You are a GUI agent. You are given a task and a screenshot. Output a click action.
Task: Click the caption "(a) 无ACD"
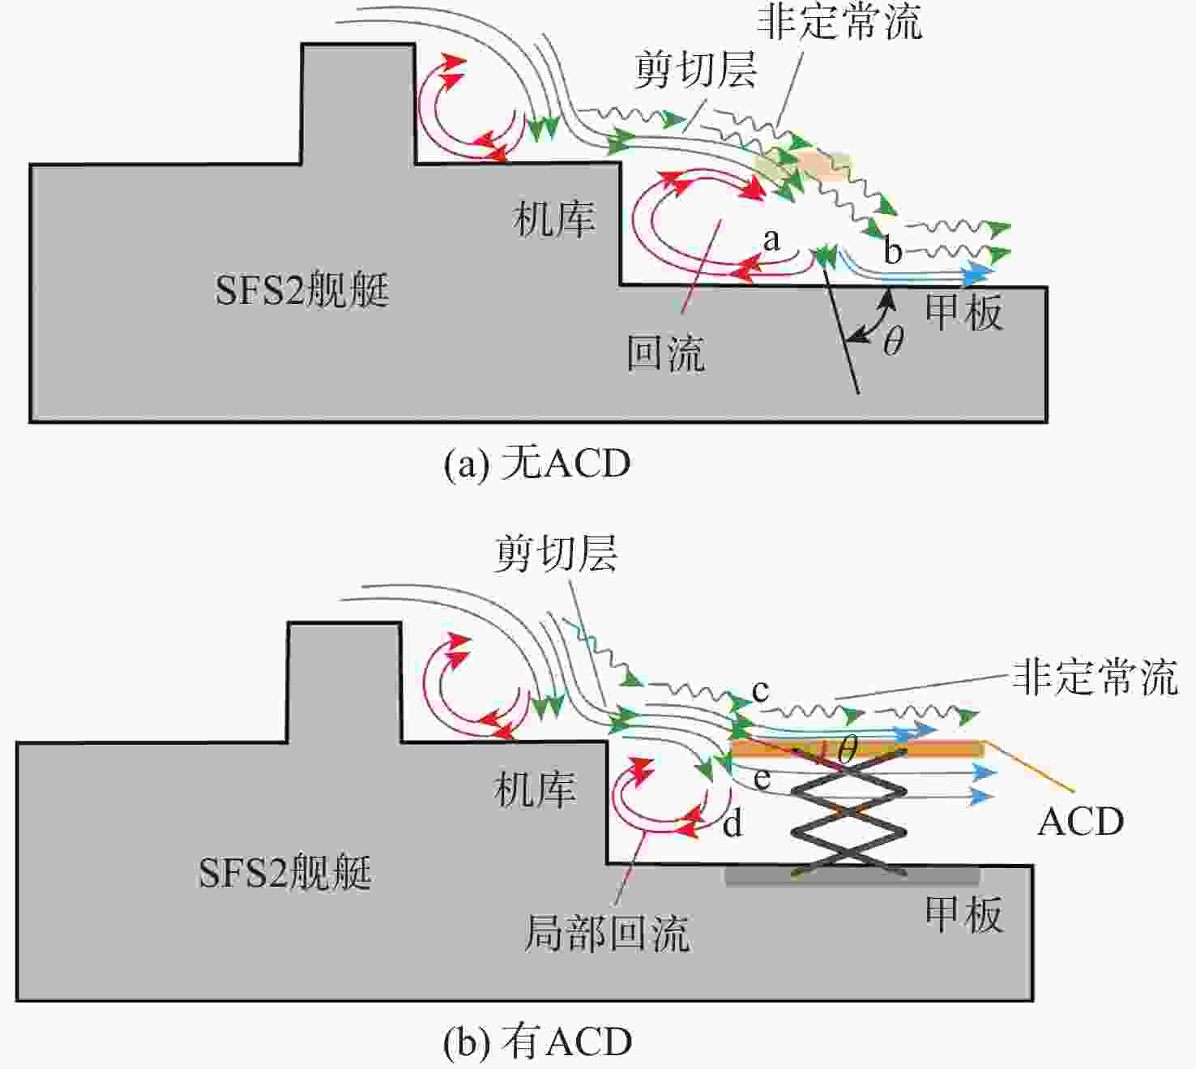tap(537, 464)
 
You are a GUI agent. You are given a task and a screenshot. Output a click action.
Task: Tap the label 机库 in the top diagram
tap(553, 219)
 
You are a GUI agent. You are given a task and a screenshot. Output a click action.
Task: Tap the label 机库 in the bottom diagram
tap(534, 789)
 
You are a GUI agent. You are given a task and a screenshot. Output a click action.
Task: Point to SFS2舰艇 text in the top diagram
tap(301, 290)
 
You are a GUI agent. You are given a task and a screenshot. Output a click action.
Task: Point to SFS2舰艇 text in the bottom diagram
tap(285, 872)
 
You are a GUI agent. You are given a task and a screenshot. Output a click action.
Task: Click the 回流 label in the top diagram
tap(666, 353)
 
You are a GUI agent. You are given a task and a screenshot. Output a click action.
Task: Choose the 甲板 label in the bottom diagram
tap(963, 915)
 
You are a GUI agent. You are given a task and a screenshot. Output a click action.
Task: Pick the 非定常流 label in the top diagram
tap(839, 22)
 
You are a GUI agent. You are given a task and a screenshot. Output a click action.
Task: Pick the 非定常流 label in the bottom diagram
tap(1096, 678)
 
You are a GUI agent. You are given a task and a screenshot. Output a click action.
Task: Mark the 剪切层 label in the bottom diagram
tap(556, 554)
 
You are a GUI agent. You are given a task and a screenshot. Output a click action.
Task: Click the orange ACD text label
tap(1080, 822)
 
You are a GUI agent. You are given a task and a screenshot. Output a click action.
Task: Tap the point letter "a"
tap(771, 240)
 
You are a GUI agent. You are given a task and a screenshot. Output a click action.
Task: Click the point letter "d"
tap(733, 823)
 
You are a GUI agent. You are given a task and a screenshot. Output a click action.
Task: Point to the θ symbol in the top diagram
tap(893, 340)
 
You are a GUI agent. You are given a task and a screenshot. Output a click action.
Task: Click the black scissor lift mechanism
tap(849, 813)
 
